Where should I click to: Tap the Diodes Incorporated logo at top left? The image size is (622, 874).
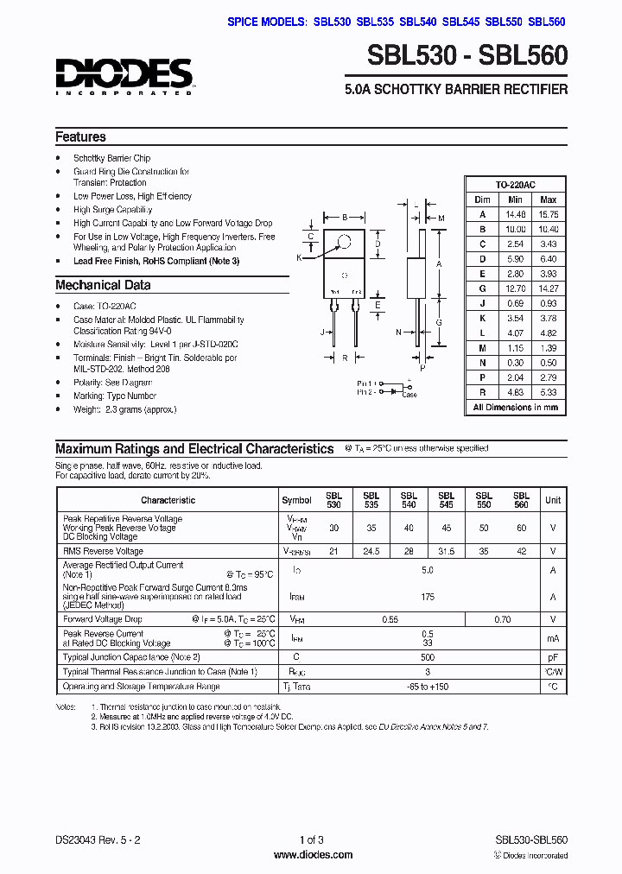point(124,76)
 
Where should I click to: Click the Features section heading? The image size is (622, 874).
point(80,136)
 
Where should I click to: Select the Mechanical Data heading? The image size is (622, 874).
point(103,285)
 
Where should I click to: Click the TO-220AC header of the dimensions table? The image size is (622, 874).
point(515,185)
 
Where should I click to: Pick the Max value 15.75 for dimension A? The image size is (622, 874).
point(548,214)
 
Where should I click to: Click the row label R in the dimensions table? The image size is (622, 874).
point(482,390)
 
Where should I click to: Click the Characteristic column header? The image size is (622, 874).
point(168,500)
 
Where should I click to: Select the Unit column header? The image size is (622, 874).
point(552,500)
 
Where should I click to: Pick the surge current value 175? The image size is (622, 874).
point(427,597)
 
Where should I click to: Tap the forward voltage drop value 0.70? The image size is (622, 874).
point(502,619)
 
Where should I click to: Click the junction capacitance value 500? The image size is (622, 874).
point(427,657)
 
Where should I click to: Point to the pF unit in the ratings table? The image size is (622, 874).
point(552,657)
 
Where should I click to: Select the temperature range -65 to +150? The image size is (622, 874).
point(427,687)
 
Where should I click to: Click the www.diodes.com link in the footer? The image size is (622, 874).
point(312,855)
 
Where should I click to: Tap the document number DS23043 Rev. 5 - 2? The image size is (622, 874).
point(95,839)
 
